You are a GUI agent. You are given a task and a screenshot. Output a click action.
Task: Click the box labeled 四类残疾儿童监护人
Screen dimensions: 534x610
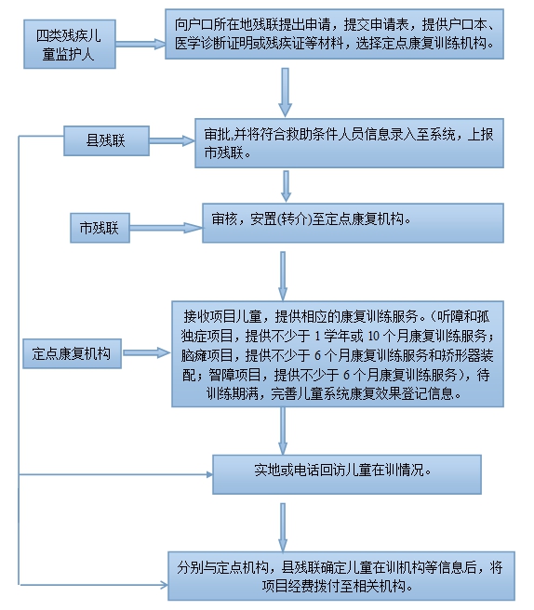[x=70, y=45]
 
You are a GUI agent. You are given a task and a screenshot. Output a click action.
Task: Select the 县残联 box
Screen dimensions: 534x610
[x=106, y=140]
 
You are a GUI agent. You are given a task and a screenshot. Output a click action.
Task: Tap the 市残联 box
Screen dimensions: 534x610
[x=100, y=228]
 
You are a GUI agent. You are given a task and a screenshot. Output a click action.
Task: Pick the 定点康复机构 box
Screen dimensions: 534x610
[x=72, y=353]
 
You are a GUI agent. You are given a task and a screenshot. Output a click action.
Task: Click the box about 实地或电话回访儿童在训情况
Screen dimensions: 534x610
[x=347, y=474]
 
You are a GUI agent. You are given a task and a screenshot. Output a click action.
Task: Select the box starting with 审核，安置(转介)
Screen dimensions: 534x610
[x=353, y=223]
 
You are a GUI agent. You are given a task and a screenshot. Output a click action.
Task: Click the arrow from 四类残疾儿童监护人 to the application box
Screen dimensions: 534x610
[x=140, y=44]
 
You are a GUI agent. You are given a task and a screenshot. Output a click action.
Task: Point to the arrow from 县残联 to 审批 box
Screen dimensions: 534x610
[x=172, y=140]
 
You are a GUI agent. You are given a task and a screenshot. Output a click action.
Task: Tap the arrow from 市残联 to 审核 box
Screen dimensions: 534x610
[x=167, y=228]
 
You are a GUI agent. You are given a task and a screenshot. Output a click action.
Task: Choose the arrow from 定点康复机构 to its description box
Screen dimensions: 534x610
[x=147, y=353]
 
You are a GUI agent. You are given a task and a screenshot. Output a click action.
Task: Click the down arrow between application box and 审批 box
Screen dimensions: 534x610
[x=286, y=93]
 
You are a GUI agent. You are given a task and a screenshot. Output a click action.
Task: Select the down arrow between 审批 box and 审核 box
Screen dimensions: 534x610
[x=287, y=186]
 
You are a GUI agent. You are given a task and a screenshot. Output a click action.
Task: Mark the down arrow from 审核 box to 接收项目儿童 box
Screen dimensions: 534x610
[x=283, y=276]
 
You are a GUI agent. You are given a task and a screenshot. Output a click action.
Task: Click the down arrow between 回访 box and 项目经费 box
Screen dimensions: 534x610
[x=283, y=527]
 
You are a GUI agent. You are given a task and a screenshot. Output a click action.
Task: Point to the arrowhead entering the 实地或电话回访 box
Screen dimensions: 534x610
[x=210, y=474]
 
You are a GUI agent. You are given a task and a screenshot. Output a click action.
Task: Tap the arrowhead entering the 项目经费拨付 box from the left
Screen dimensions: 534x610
[x=165, y=584]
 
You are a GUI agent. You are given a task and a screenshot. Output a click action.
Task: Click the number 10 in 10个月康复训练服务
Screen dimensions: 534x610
[x=373, y=336]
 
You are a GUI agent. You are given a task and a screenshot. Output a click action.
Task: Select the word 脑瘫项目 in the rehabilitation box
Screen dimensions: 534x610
[x=207, y=355]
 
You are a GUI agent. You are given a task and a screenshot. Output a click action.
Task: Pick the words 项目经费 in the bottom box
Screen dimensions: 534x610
[x=288, y=586]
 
